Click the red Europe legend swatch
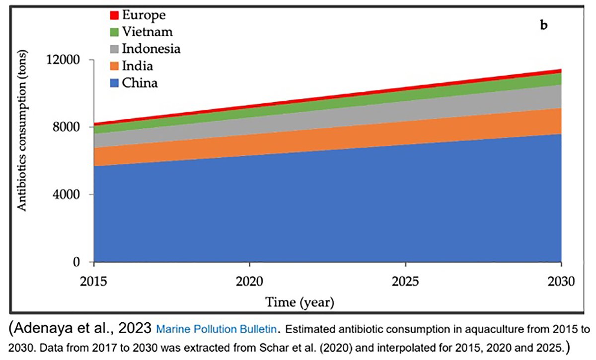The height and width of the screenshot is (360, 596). tap(113, 15)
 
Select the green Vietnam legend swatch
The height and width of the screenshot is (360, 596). tap(113, 32)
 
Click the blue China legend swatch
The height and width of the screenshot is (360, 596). tap(113, 82)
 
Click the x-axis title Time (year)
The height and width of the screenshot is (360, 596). tap(299, 302)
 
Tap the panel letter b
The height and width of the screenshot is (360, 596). tap(544, 25)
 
